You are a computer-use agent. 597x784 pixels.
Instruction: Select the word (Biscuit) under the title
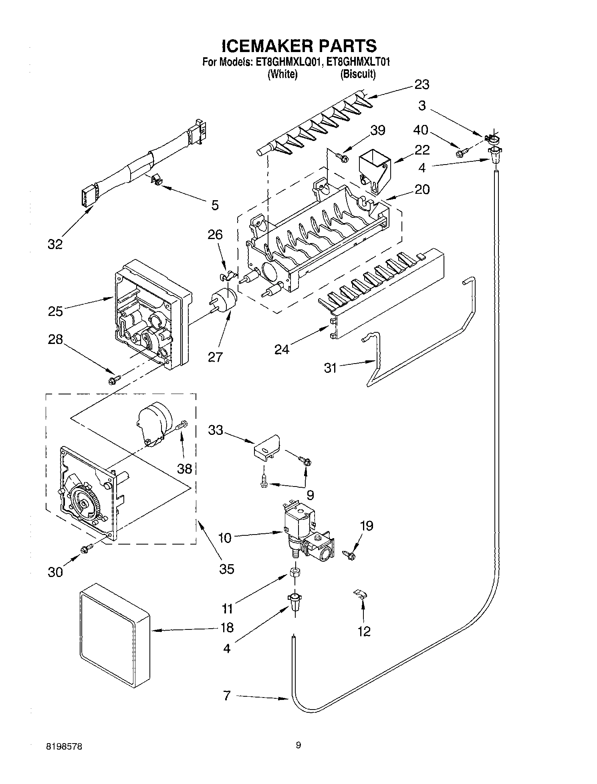[358, 74]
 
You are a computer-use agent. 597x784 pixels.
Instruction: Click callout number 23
[422, 84]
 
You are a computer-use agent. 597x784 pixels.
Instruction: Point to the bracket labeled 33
[266, 447]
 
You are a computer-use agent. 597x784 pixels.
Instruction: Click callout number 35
[227, 569]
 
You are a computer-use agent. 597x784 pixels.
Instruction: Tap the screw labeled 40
[461, 153]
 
